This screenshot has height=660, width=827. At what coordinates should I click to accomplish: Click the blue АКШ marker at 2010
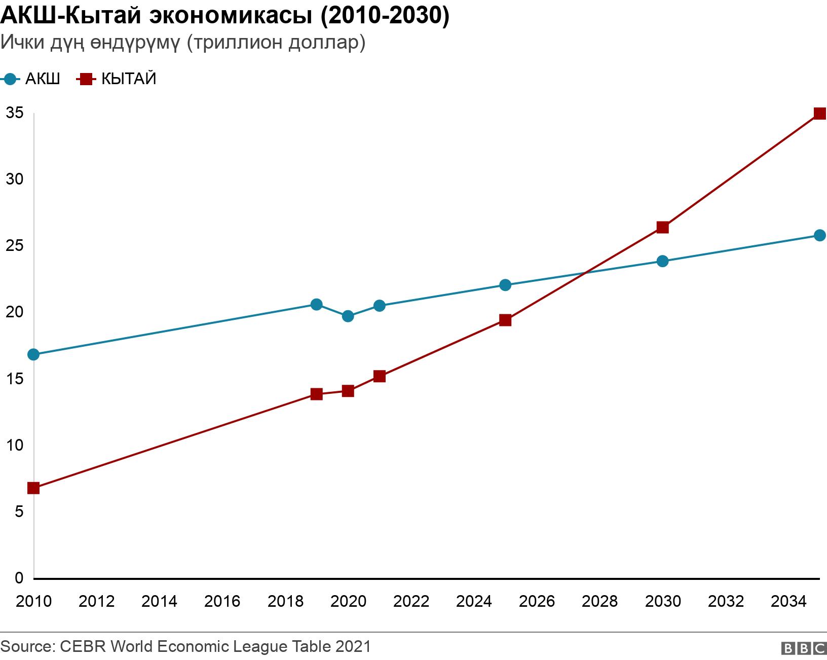pyautogui.click(x=33, y=354)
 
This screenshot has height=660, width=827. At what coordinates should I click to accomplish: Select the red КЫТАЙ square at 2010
pyautogui.click(x=33, y=488)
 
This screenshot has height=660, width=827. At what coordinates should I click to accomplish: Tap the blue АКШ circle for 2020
pyautogui.click(x=348, y=316)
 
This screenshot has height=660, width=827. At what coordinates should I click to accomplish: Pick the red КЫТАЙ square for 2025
pyautogui.click(x=505, y=320)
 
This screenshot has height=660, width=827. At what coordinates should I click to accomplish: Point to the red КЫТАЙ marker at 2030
pyautogui.click(x=662, y=227)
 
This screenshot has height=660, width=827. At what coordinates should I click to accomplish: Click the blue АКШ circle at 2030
pyautogui.click(x=662, y=261)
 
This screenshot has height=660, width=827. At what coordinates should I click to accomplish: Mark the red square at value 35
pyautogui.click(x=819, y=113)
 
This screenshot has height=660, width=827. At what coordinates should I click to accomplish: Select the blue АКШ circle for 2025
pyautogui.click(x=505, y=285)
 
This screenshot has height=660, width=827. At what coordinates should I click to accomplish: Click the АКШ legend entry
pyautogui.click(x=31, y=79)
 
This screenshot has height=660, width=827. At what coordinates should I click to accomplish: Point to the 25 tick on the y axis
pyautogui.click(x=15, y=246)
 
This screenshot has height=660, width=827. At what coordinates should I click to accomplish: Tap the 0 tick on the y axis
pyautogui.click(x=19, y=577)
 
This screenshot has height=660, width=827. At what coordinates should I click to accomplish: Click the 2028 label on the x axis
pyautogui.click(x=599, y=601)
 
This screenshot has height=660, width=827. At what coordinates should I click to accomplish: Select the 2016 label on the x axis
pyautogui.click(x=222, y=601)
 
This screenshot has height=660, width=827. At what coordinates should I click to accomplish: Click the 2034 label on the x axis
pyautogui.click(x=788, y=601)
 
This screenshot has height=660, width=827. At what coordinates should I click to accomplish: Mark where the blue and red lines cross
pyautogui.click(x=585, y=273)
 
